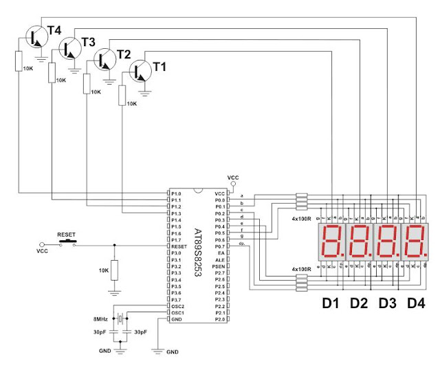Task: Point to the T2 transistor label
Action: (x=124, y=54)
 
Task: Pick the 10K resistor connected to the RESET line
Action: (x=114, y=269)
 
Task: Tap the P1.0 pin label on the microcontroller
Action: (x=177, y=194)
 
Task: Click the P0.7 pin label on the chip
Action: (x=219, y=246)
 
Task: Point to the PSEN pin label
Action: (x=219, y=266)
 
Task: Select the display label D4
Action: (x=417, y=303)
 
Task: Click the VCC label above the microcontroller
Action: (x=233, y=177)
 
